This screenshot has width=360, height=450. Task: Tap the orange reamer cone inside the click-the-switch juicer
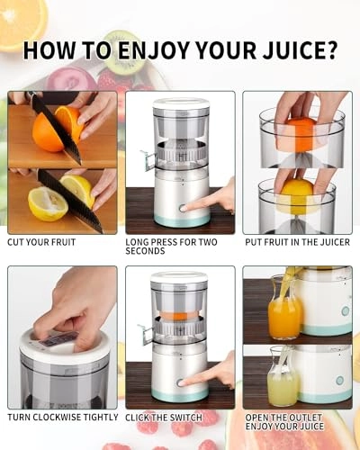180,317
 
